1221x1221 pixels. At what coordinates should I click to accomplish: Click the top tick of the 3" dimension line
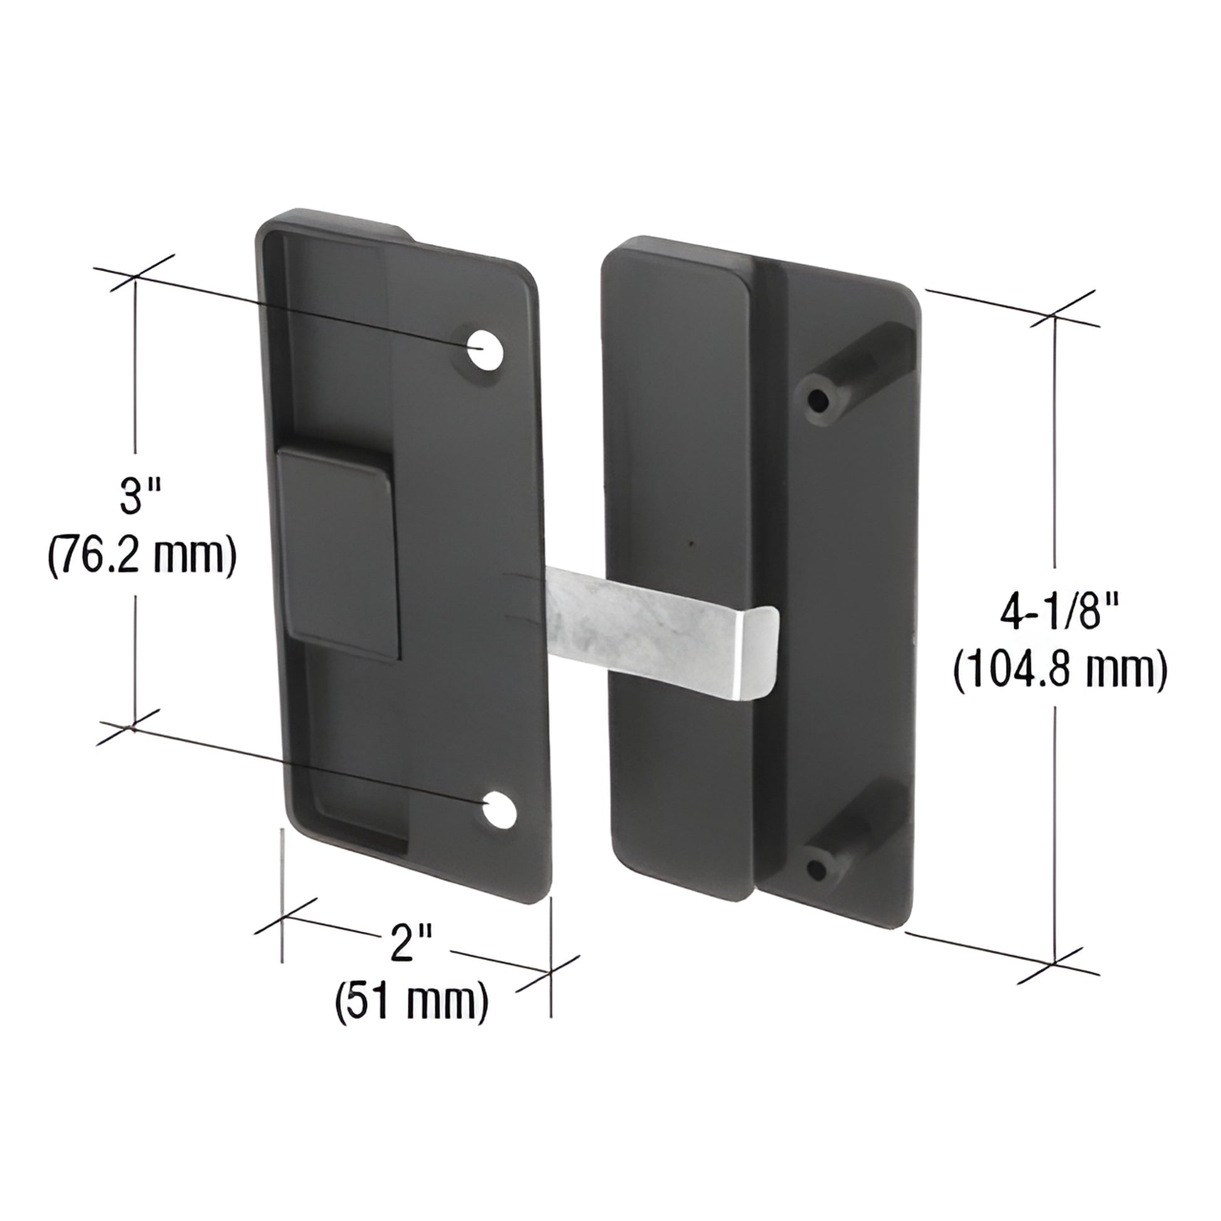click(x=134, y=276)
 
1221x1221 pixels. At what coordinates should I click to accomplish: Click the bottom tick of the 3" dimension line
click(x=134, y=728)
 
